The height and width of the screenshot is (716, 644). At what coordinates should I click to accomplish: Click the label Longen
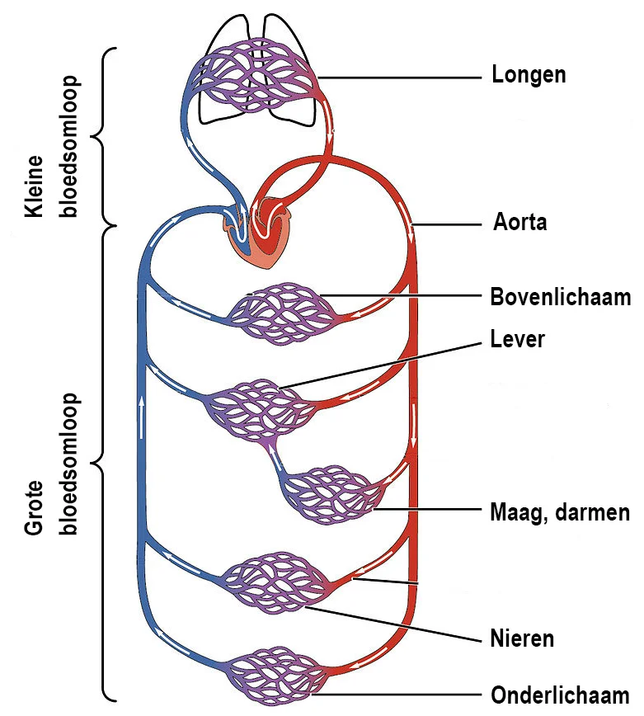tap(529, 75)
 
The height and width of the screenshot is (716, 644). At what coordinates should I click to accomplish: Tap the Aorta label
tap(519, 222)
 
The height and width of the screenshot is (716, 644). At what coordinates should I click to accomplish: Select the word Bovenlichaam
tap(560, 297)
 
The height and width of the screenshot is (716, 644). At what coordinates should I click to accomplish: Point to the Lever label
tap(517, 339)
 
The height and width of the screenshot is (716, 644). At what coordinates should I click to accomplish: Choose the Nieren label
tap(522, 638)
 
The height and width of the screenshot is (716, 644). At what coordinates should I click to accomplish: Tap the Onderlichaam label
tap(560, 695)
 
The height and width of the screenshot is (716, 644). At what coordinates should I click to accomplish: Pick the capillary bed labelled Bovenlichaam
tap(282, 314)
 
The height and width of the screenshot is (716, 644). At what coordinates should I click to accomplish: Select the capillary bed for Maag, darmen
tap(335, 496)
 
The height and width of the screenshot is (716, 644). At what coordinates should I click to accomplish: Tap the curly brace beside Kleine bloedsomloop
tap(103, 136)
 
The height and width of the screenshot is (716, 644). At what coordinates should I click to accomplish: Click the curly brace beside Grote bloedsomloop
tap(103, 462)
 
